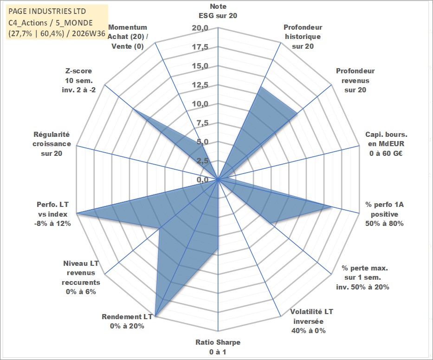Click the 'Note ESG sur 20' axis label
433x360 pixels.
point(218,11)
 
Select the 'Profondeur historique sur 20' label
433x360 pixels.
point(303,37)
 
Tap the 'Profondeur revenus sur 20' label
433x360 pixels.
point(355,80)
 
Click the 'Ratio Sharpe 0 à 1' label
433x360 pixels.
point(218,347)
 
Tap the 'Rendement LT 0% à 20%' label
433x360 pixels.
point(127,321)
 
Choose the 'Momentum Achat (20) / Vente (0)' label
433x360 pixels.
point(128,37)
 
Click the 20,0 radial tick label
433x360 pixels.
point(200,28)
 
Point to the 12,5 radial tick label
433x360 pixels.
point(200,85)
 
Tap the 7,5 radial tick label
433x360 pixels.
point(202,123)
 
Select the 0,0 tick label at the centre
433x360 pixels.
point(202,180)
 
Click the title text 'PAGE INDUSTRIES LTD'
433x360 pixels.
point(47,11)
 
